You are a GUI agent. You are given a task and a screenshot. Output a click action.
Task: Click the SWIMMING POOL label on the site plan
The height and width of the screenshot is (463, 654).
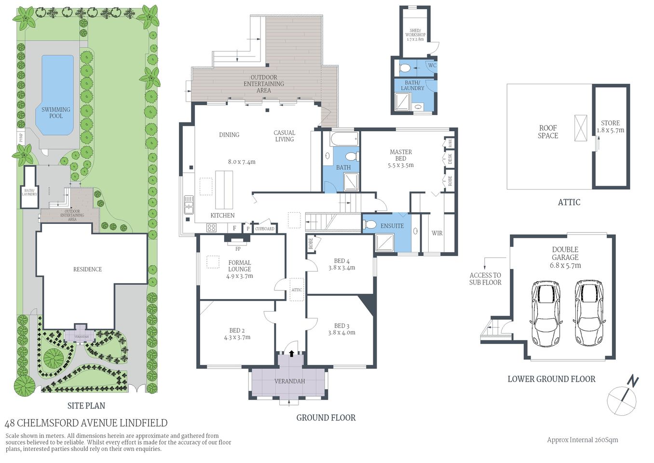point(56,112)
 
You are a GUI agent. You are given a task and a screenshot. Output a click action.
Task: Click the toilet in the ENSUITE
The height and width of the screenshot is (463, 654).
point(370,225)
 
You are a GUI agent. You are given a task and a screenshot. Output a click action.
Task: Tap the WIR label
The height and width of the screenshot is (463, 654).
point(437,233)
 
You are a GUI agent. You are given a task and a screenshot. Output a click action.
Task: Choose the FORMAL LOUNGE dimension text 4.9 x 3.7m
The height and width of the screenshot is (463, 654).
point(240,276)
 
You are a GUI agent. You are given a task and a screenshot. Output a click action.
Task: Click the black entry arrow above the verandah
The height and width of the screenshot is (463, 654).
point(291,353)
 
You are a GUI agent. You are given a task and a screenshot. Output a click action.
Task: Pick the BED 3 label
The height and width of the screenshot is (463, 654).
point(341,326)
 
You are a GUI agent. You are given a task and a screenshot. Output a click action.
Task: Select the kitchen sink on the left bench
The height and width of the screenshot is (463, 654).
point(189,204)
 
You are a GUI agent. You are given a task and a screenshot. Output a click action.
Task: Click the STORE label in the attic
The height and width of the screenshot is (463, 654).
point(610,126)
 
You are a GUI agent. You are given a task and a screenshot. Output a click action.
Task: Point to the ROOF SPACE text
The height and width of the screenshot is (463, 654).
point(548,132)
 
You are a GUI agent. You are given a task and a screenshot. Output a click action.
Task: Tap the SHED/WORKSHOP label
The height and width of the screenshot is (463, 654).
point(415,33)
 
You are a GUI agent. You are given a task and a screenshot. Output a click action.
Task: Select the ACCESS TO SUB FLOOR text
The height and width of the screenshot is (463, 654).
point(485,279)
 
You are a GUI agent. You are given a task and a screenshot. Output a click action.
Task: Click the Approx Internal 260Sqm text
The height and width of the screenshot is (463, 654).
point(582,440)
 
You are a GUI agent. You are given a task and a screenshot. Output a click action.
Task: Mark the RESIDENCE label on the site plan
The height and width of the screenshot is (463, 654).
point(87,269)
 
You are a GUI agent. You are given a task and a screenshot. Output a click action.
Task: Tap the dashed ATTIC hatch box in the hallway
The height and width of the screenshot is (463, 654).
point(297,289)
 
